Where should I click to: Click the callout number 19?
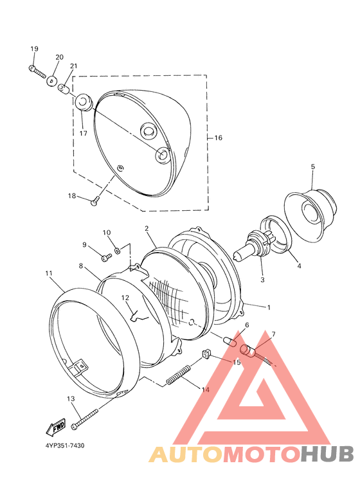pyautogui.click(x=34, y=49)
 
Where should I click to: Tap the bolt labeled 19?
pyautogui.click(x=37, y=73)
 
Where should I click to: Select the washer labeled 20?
pyautogui.click(x=52, y=80)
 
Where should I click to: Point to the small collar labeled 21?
pyautogui.click(x=64, y=89)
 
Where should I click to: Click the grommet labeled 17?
pyautogui.click(x=84, y=102)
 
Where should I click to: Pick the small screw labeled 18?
pyautogui.click(x=95, y=201)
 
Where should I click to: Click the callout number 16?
pyautogui.click(x=218, y=138)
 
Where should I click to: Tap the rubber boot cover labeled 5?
pyautogui.click(x=310, y=211)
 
